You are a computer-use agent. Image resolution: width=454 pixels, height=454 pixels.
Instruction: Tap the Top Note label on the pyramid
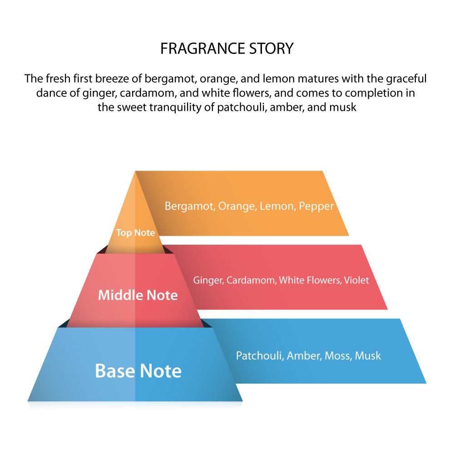135,233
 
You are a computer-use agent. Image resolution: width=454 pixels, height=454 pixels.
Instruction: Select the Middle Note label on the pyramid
138,295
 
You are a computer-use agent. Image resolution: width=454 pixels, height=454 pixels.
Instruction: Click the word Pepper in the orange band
316,207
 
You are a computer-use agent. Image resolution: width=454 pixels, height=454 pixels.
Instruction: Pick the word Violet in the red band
356,280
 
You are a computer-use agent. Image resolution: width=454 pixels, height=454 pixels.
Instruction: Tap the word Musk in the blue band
368,355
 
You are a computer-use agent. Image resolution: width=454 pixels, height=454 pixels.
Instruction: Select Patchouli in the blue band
260,355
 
